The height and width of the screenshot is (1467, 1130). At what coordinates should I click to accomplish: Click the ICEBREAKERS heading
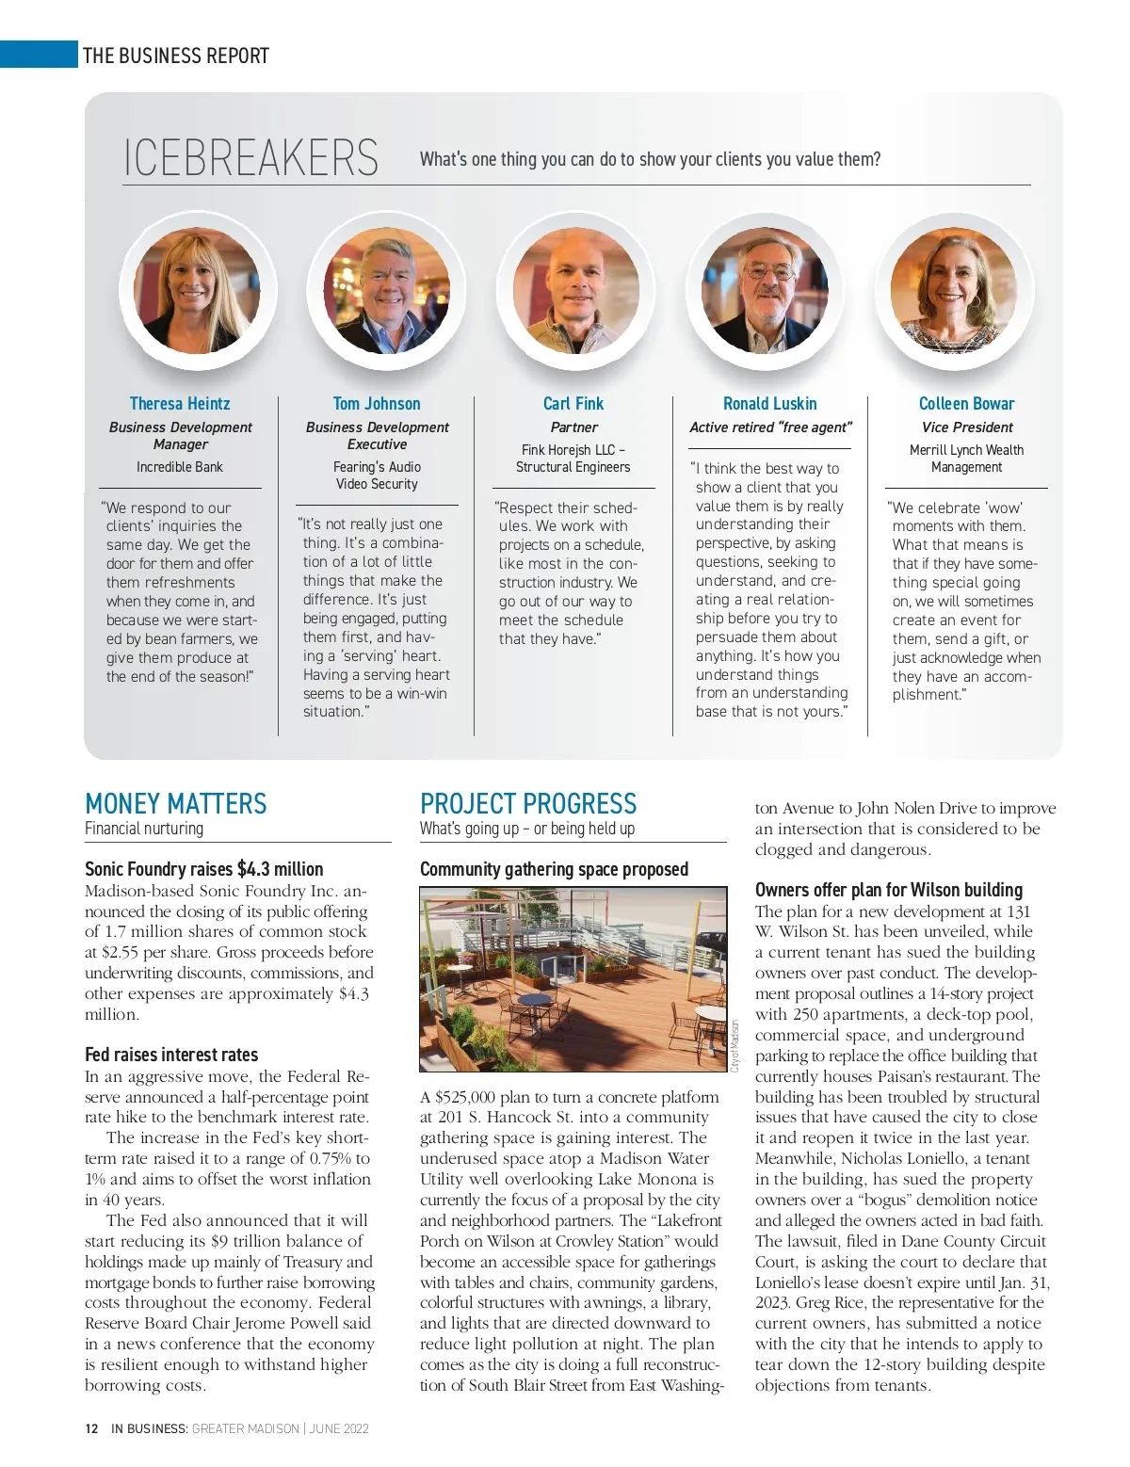250,158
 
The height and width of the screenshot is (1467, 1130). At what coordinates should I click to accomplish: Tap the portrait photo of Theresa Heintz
197,291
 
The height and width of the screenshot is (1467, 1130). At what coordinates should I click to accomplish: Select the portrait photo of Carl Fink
573,291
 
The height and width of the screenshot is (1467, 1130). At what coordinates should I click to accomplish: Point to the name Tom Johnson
377,404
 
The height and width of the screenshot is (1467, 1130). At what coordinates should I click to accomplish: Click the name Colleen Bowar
966,404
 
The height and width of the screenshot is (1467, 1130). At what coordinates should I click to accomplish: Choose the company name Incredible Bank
180,467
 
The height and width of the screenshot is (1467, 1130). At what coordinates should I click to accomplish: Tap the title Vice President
967,427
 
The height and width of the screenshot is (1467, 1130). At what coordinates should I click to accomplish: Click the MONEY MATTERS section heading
176,804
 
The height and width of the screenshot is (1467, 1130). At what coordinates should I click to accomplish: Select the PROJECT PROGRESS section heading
528,804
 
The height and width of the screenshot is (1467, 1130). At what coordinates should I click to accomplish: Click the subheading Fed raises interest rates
171,1055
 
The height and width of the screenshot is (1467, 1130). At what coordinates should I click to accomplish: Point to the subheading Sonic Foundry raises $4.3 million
203,869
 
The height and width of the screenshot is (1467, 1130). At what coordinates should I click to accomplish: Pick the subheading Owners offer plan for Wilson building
889,890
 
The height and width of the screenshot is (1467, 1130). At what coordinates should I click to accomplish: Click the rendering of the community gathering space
573,979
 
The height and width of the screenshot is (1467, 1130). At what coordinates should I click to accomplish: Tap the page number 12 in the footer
91,1428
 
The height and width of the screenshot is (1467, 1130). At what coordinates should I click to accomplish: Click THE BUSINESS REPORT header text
176,56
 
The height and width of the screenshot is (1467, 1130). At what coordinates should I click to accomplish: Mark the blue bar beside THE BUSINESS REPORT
39,55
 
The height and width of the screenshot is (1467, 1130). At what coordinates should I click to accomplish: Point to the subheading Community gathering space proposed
554,869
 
